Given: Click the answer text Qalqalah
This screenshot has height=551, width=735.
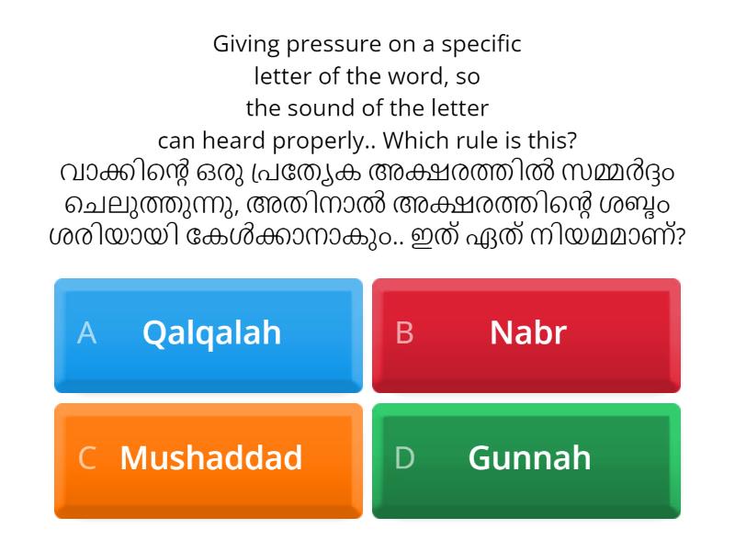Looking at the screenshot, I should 211,332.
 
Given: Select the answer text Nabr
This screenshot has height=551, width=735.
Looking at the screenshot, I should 527,332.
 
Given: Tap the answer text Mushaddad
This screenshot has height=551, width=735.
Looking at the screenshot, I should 210,457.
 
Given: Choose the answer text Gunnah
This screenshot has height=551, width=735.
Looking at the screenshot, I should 529,457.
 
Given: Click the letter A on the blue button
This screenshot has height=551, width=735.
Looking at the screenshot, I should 86,333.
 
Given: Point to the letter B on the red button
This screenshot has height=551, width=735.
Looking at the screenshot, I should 404,333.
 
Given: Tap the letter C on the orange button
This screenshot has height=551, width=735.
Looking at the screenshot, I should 87,458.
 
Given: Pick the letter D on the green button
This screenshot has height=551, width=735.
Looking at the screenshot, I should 405,458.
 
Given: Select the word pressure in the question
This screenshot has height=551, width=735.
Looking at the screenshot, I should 327,44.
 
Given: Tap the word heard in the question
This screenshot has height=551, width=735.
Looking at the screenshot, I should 253,141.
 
